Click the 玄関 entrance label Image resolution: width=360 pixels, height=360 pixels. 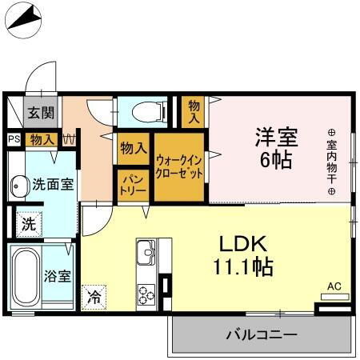click(42, 113)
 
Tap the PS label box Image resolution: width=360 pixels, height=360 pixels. click(14, 139)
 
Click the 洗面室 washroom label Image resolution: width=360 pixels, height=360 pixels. click(54, 184)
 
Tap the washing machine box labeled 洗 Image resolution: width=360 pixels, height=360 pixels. click(28, 224)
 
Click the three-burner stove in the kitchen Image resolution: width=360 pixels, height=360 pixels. click(146, 293)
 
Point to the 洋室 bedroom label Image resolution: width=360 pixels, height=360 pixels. click(276, 137)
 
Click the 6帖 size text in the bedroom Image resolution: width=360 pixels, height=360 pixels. click(276, 159)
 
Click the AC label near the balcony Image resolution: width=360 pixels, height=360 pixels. click(334, 286)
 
